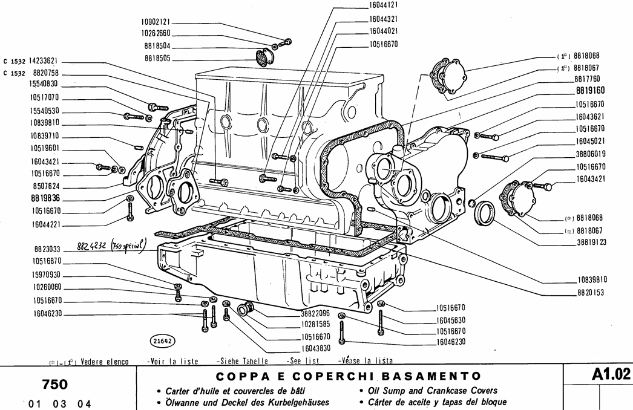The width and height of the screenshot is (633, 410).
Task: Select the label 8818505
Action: point(157,58)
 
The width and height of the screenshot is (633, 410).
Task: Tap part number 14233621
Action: point(39,62)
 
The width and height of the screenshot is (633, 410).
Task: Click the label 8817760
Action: point(586,79)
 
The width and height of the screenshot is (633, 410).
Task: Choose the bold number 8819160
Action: point(589,91)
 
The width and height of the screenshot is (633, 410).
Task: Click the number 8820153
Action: point(590,291)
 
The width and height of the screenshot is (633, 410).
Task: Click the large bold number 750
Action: point(54,385)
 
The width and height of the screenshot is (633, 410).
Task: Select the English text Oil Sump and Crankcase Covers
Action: point(428,391)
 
